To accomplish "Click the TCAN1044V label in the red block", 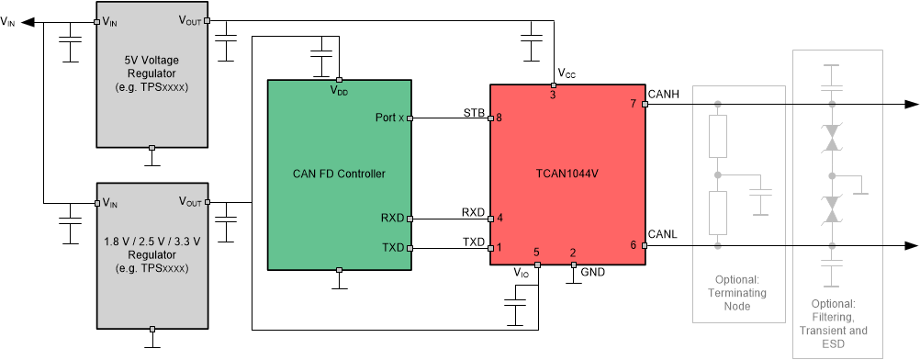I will click(x=567, y=173).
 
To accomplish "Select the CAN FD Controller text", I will click(x=338, y=173).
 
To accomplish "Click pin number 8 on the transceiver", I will click(x=499, y=118).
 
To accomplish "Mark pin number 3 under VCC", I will click(x=553, y=95).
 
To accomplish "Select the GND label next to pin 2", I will click(x=592, y=272).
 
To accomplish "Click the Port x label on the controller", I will click(x=389, y=118).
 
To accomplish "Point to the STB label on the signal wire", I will click(x=473, y=112).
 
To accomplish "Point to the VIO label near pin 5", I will click(x=522, y=272).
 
